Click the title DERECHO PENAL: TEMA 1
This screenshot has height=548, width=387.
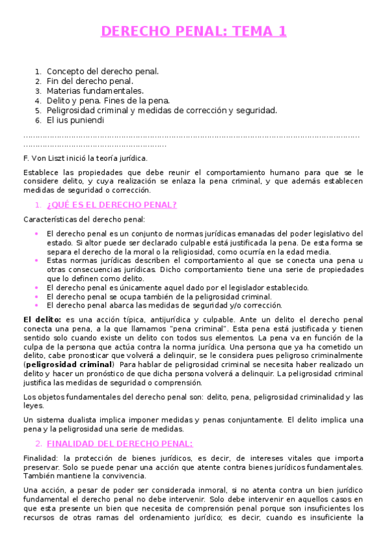click(x=193, y=31)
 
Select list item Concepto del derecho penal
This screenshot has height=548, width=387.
click(x=103, y=71)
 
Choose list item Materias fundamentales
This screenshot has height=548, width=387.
click(x=95, y=90)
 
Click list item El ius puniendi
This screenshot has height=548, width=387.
click(x=75, y=120)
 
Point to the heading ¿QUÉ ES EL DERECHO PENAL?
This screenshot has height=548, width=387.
click(x=111, y=205)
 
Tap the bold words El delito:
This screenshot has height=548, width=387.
click(x=42, y=319)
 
